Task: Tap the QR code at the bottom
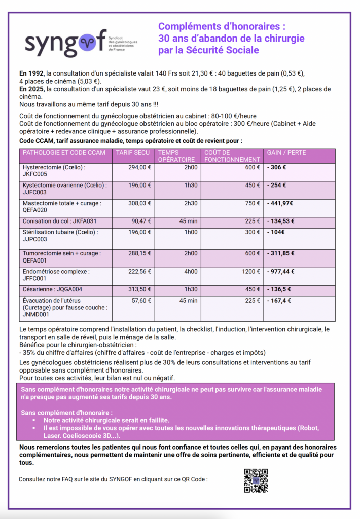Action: click(x=256, y=480)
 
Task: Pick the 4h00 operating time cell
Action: click(x=191, y=271)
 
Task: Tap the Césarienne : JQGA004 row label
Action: click(x=53, y=289)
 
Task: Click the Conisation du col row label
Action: click(x=59, y=221)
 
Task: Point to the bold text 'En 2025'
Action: click(x=30, y=89)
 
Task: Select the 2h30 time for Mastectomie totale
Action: click(x=191, y=203)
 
